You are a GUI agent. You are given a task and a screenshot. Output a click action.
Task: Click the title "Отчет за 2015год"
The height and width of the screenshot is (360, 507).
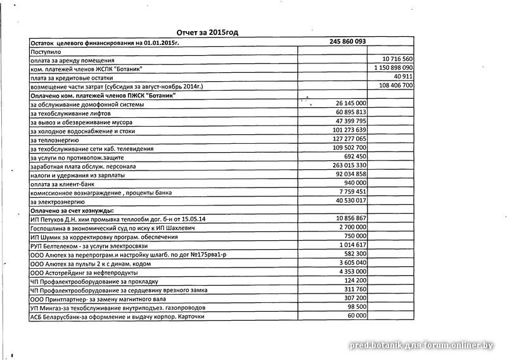click(208, 32)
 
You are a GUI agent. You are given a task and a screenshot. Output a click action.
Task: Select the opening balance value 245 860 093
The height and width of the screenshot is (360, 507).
click(347, 41)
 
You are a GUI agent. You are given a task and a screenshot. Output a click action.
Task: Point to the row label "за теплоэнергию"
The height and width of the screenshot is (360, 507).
click(54, 139)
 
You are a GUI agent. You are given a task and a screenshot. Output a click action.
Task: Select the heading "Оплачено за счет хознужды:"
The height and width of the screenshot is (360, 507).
click(72, 210)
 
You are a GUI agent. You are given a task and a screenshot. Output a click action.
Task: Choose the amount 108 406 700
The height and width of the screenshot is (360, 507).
click(395, 85)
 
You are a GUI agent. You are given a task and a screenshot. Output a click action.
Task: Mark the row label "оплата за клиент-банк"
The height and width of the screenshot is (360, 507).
click(61, 183)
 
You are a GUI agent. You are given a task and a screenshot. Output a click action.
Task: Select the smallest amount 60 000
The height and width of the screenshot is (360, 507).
click(356, 315)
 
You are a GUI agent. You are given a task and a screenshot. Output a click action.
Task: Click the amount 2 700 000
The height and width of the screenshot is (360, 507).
click(351, 227)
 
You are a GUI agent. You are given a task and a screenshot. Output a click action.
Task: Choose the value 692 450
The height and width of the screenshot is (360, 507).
click(354, 156)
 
